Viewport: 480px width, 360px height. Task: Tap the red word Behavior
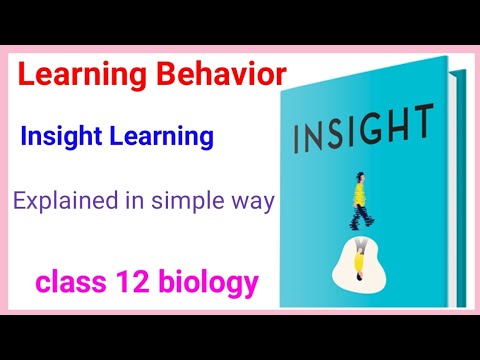pyautogui.click(x=221, y=75)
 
